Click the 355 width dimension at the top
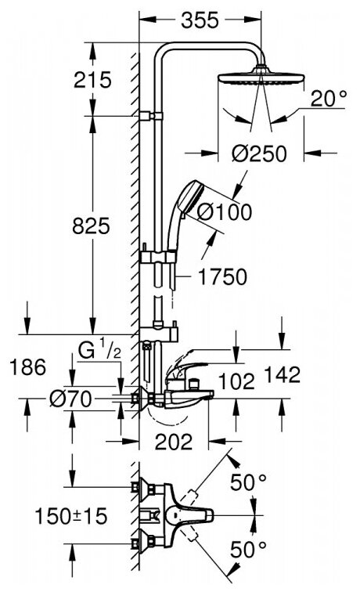click(x=200, y=20)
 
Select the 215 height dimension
click(x=92, y=80)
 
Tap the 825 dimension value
click(x=91, y=226)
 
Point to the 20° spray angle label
click(x=328, y=99)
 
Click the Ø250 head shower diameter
click(x=259, y=153)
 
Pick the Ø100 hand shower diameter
click(x=225, y=212)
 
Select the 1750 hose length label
click(x=223, y=276)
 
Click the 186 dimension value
click(x=27, y=367)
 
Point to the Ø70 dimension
click(x=71, y=399)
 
